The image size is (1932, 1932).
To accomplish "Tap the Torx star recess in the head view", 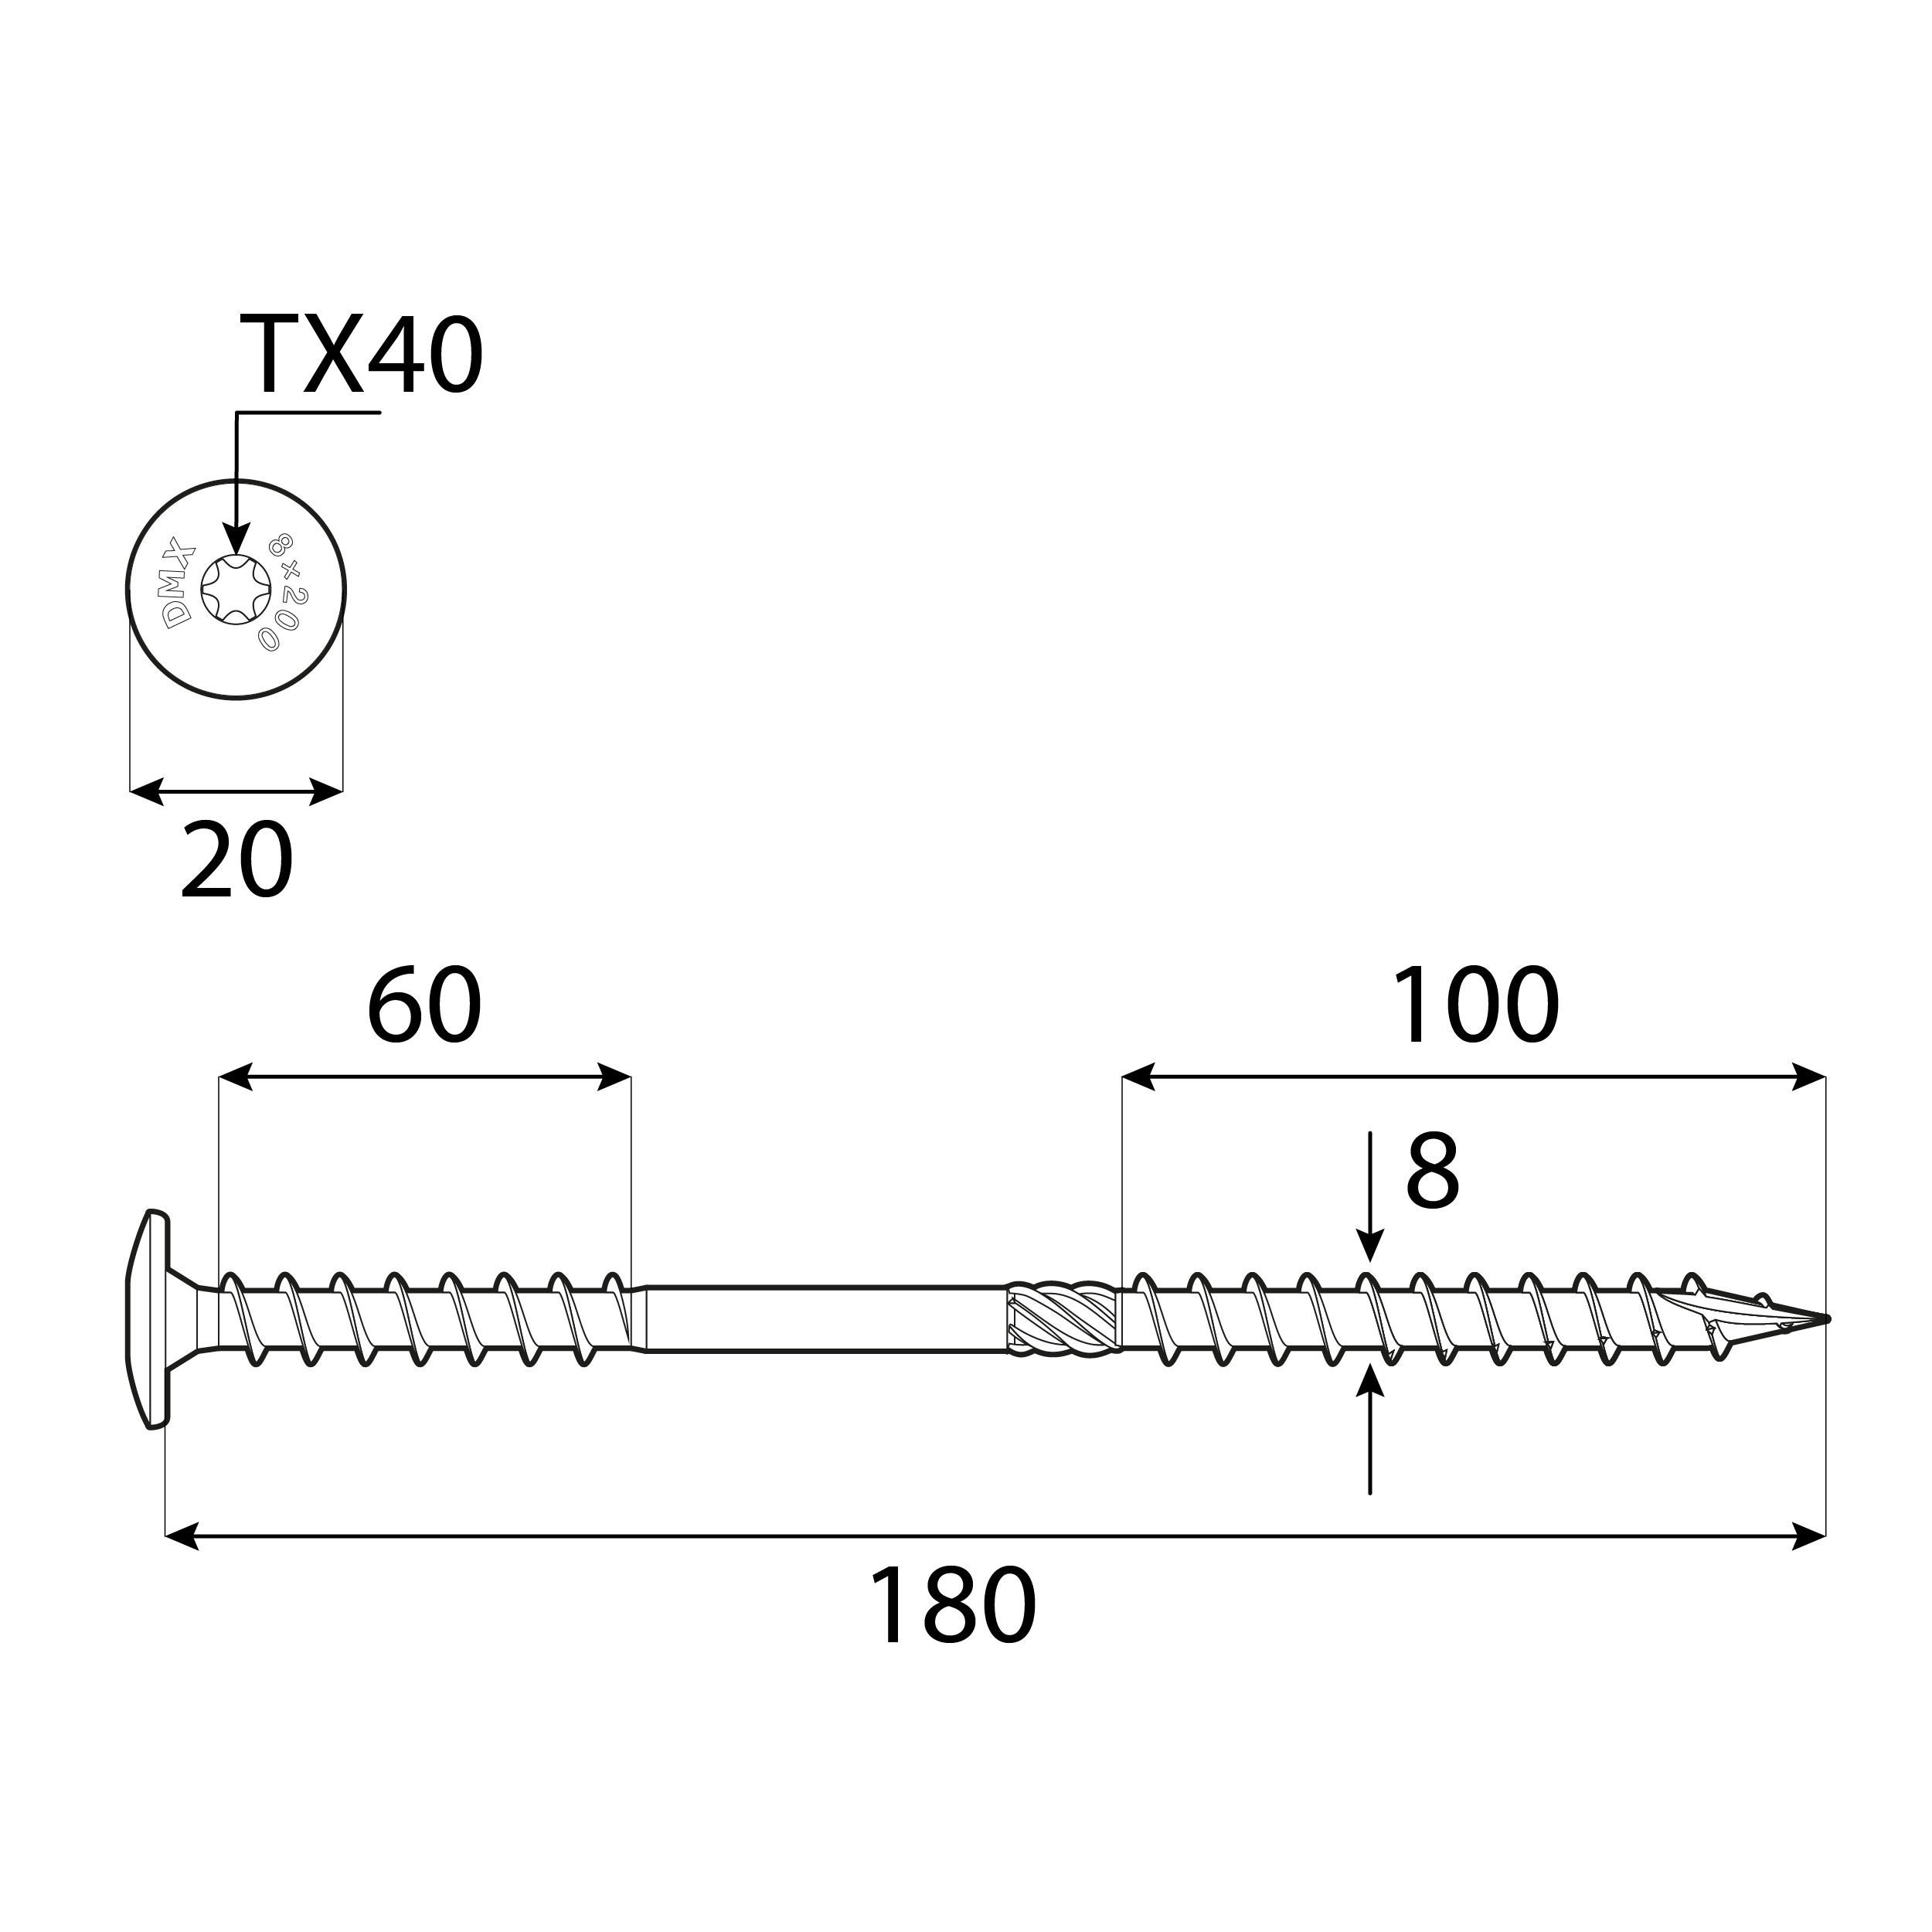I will pos(236,590).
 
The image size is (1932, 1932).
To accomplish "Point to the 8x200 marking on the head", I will pos(286,592).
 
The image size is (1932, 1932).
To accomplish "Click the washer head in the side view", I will pos(150,1320).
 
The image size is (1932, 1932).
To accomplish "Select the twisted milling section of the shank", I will pos(1062,1320).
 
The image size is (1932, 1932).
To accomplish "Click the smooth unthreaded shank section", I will pos(825,1320).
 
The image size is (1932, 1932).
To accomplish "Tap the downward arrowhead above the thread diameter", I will pos(1370,1250).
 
